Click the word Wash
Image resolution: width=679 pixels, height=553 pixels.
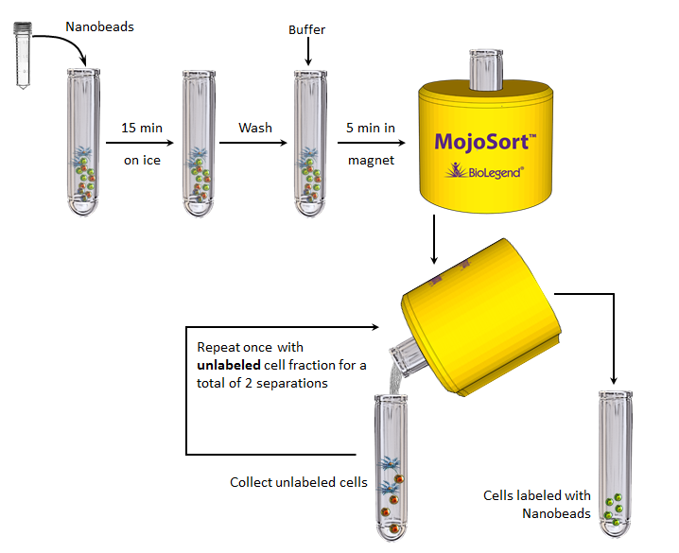(255, 127)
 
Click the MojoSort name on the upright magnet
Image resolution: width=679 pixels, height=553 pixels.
(485, 142)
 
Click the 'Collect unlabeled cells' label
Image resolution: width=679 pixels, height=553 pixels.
(299, 482)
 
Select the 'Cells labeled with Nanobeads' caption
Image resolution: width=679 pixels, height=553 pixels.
(537, 504)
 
